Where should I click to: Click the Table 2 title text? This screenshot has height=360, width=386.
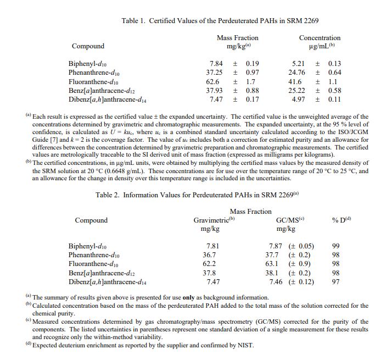tap(197, 195)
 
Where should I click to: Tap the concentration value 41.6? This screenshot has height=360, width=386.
tap(295, 81)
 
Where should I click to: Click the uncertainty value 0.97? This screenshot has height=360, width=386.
tap(253, 73)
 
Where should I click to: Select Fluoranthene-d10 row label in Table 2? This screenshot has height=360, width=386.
tap(94, 264)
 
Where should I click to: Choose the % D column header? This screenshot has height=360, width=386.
tap(341, 220)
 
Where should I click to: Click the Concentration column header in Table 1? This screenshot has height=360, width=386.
tap(319, 38)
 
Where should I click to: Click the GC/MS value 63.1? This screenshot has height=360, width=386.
tap(273, 264)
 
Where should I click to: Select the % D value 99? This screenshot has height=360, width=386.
tap(335, 246)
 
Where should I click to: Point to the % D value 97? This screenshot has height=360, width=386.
tap(335, 281)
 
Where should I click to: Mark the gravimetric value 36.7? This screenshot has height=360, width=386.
tap(209, 255)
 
